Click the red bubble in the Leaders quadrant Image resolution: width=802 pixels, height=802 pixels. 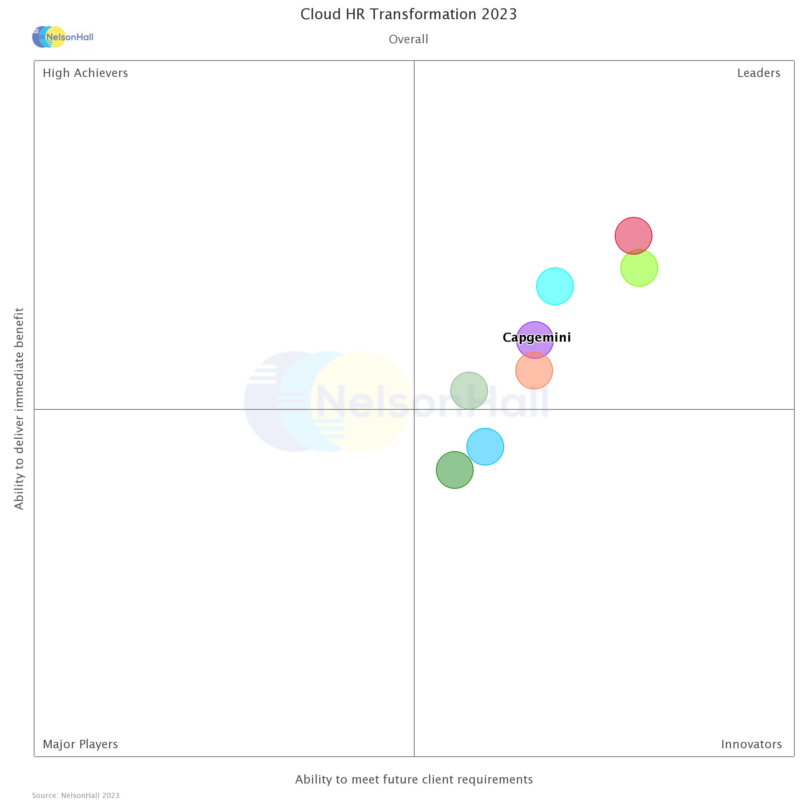point(634,235)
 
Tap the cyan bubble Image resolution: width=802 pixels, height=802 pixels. point(555,286)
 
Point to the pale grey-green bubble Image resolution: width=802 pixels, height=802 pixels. point(469,390)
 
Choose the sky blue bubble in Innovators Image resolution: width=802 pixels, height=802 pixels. point(485,447)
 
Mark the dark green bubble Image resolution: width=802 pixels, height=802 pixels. point(455,470)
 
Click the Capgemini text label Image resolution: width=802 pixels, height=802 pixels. point(537,338)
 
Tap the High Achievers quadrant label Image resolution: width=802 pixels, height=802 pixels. point(85,73)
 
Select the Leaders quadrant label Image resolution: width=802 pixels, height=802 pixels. point(758,73)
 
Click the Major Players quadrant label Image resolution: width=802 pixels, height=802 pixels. point(80,744)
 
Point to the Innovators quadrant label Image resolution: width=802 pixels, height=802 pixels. point(751,744)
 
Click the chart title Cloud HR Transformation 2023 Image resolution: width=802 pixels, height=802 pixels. point(409,14)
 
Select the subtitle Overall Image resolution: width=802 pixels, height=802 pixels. point(409,39)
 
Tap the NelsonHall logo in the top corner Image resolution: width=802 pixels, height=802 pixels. point(63,37)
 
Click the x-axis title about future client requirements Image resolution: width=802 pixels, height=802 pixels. point(414,780)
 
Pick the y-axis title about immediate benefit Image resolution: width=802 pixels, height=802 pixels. point(19,409)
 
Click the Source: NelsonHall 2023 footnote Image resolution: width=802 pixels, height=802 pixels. point(75,795)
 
